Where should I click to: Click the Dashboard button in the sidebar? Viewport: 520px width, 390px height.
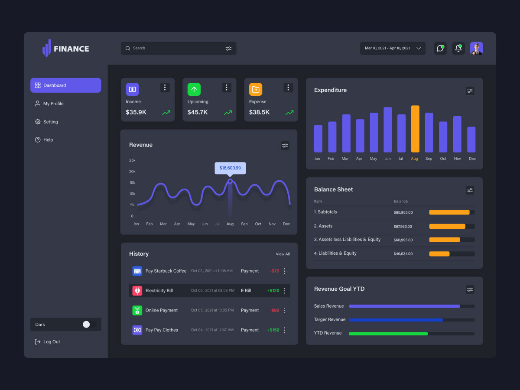pyautogui.click(x=66, y=85)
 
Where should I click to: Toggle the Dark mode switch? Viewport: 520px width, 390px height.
pyautogui.click(x=89, y=324)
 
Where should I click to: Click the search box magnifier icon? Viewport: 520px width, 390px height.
pyautogui.click(x=128, y=48)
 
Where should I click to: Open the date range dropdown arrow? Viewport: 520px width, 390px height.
pyautogui.click(x=419, y=49)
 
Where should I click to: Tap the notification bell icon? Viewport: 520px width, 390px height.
pyautogui.click(x=458, y=48)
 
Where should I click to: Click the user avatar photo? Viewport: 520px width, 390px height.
pyautogui.click(x=476, y=48)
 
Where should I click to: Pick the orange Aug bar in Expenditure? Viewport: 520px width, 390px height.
pyautogui.click(x=415, y=129)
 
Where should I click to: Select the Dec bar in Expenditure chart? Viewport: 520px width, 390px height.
pyautogui.click(x=471, y=139)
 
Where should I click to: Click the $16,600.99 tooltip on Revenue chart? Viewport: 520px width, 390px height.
pyautogui.click(x=230, y=168)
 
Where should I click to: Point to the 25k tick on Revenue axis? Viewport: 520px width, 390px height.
pyautogui.click(x=132, y=160)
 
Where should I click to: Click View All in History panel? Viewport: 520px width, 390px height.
pyautogui.click(x=283, y=254)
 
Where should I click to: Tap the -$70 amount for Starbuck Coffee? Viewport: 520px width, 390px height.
pyautogui.click(x=275, y=271)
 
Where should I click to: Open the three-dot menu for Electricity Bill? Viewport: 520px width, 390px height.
pyautogui.click(x=285, y=291)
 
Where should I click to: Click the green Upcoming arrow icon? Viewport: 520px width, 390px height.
pyautogui.click(x=194, y=89)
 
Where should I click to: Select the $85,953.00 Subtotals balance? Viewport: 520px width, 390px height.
pyautogui.click(x=403, y=212)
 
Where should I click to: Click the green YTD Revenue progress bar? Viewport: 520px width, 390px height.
pyautogui.click(x=388, y=334)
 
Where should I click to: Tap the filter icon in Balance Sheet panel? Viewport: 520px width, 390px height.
pyautogui.click(x=470, y=190)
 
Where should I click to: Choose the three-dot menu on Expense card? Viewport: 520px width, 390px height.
pyautogui.click(x=288, y=88)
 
